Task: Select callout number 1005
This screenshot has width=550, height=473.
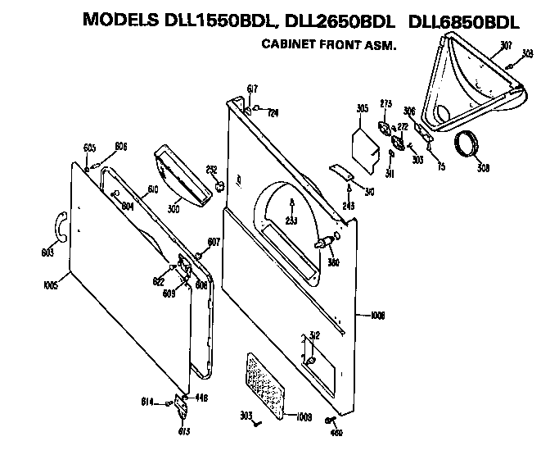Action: click(50, 286)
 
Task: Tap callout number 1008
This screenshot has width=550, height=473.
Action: click(377, 315)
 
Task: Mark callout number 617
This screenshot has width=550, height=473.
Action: click(252, 88)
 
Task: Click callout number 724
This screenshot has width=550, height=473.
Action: click(273, 111)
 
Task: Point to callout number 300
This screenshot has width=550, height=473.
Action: click(174, 208)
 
